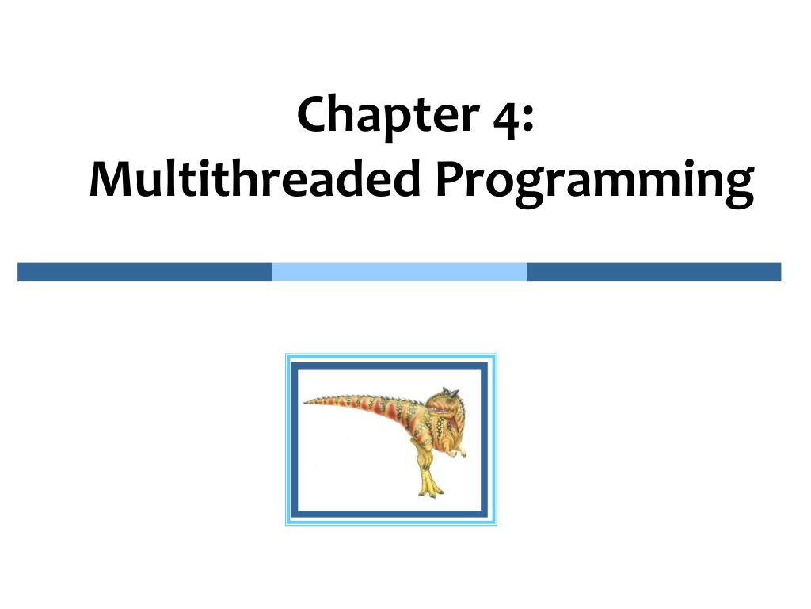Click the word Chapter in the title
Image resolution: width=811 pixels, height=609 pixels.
382,115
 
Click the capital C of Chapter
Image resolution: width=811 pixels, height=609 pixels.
313,115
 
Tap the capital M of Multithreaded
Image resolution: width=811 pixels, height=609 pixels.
109,181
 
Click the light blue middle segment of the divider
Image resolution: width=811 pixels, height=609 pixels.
399,272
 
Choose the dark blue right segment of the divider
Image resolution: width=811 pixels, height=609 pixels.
653,272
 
